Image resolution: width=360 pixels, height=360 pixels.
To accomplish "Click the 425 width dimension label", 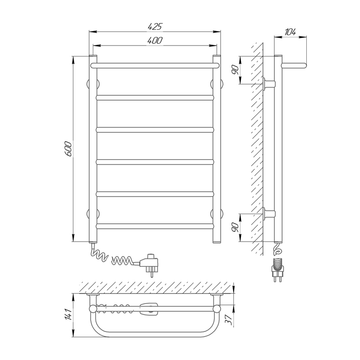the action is click(x=155, y=26).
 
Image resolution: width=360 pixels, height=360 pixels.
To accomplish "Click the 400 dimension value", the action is click(x=155, y=41).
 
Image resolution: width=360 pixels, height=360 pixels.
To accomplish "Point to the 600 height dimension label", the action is click(x=68, y=149).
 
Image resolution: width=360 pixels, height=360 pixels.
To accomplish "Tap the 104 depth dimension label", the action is click(x=291, y=32).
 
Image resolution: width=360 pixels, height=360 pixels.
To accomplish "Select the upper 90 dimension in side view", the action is click(x=235, y=69).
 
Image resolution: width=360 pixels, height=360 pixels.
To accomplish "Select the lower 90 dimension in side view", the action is click(x=235, y=227).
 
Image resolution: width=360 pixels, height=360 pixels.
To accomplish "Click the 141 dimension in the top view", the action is click(x=68, y=314).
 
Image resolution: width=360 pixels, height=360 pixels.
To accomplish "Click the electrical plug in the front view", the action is click(x=149, y=264).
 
